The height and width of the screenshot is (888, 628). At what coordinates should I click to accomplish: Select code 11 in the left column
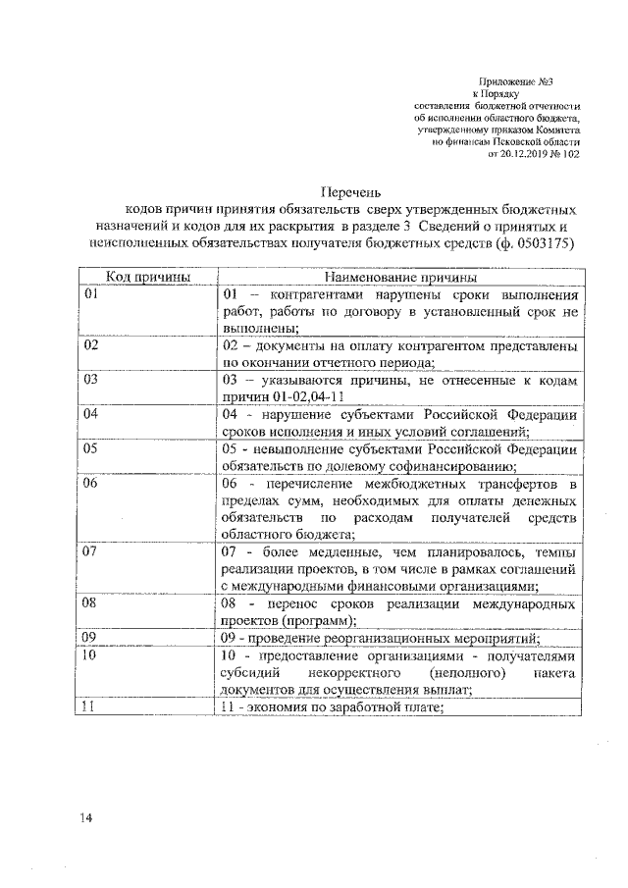coord(91,706)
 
